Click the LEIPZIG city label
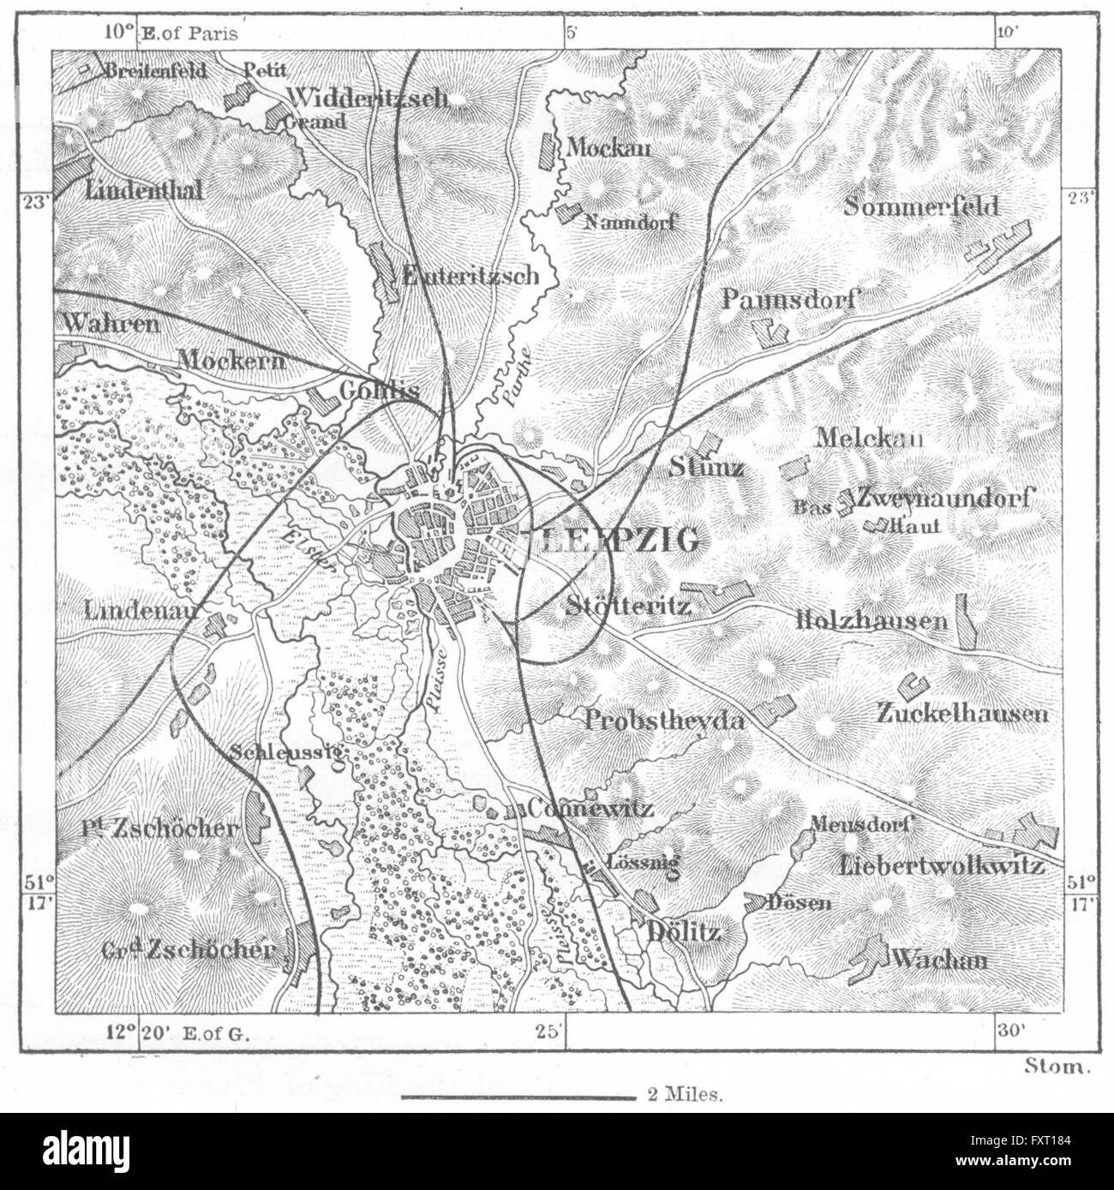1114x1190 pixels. (610, 539)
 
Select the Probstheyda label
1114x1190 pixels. (662, 720)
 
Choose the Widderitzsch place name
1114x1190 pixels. (368, 97)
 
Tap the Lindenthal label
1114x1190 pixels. (144, 190)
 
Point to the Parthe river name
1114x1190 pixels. (511, 376)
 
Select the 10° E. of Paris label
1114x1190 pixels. (170, 34)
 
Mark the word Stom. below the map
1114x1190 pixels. (1057, 1067)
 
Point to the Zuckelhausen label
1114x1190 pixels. (961, 713)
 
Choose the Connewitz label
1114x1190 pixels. (591, 808)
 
